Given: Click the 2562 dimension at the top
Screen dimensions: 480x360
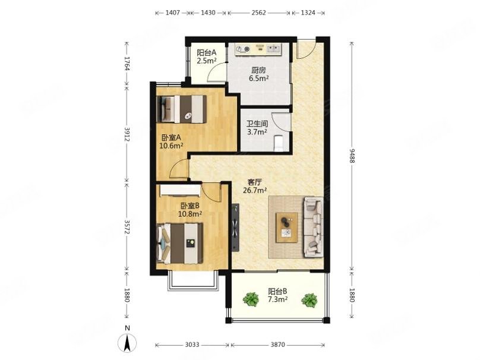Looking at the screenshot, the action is pyautogui.click(x=258, y=13).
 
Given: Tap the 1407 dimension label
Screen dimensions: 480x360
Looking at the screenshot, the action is pyautogui.click(x=173, y=13).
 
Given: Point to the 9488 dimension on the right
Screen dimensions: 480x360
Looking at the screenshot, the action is pyautogui.click(x=352, y=156).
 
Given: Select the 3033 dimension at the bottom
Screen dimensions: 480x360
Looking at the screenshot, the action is pyautogui.click(x=192, y=345).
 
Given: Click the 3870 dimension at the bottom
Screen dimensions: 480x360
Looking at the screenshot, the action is pyautogui.click(x=277, y=345).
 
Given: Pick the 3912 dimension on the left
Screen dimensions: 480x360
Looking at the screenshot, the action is pyautogui.click(x=127, y=134).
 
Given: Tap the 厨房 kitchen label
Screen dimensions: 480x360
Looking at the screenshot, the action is pyautogui.click(x=258, y=70).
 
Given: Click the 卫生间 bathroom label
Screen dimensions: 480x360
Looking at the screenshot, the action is pyautogui.click(x=257, y=124).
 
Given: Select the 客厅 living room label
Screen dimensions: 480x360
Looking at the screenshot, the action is pyautogui.click(x=254, y=182).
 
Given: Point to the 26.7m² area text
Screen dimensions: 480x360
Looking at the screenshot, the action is pyautogui.click(x=254, y=191).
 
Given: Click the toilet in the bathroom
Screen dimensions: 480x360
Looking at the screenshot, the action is pyautogui.click(x=278, y=143).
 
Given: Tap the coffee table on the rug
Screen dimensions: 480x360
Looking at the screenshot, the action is pyautogui.click(x=286, y=228).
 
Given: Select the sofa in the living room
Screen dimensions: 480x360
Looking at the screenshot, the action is pyautogui.click(x=313, y=227).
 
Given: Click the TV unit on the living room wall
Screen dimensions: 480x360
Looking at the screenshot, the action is pyautogui.click(x=235, y=228).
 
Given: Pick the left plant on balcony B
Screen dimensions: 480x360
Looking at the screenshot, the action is pyautogui.click(x=251, y=299).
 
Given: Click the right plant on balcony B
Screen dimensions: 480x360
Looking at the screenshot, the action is pyautogui.click(x=309, y=300).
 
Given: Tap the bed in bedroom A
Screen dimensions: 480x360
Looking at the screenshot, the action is pyautogui.click(x=182, y=109).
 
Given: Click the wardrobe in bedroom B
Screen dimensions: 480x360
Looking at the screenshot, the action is pyautogui.click(x=181, y=191).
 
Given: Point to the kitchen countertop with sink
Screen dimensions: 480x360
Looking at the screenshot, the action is pyautogui.click(x=258, y=49).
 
